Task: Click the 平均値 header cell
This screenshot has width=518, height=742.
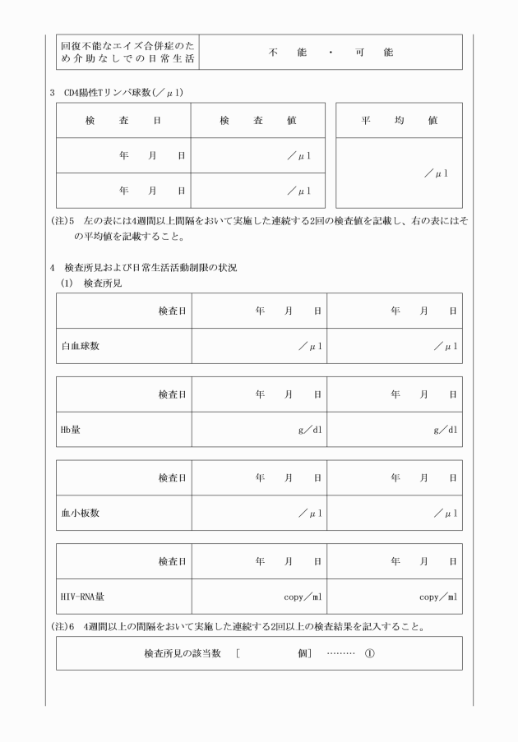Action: (400, 120)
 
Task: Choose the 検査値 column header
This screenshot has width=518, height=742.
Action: (258, 120)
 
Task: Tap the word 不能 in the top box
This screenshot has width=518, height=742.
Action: (287, 52)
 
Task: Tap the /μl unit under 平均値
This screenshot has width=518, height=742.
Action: (436, 173)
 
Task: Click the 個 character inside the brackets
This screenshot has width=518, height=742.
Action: (303, 654)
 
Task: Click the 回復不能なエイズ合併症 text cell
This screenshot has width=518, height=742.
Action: (127, 52)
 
